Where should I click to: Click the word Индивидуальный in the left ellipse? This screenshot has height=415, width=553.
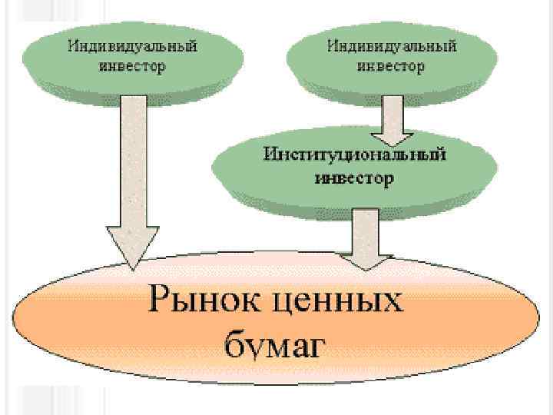pyautogui.click(x=133, y=46)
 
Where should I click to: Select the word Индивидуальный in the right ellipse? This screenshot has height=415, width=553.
pyautogui.click(x=392, y=46)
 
